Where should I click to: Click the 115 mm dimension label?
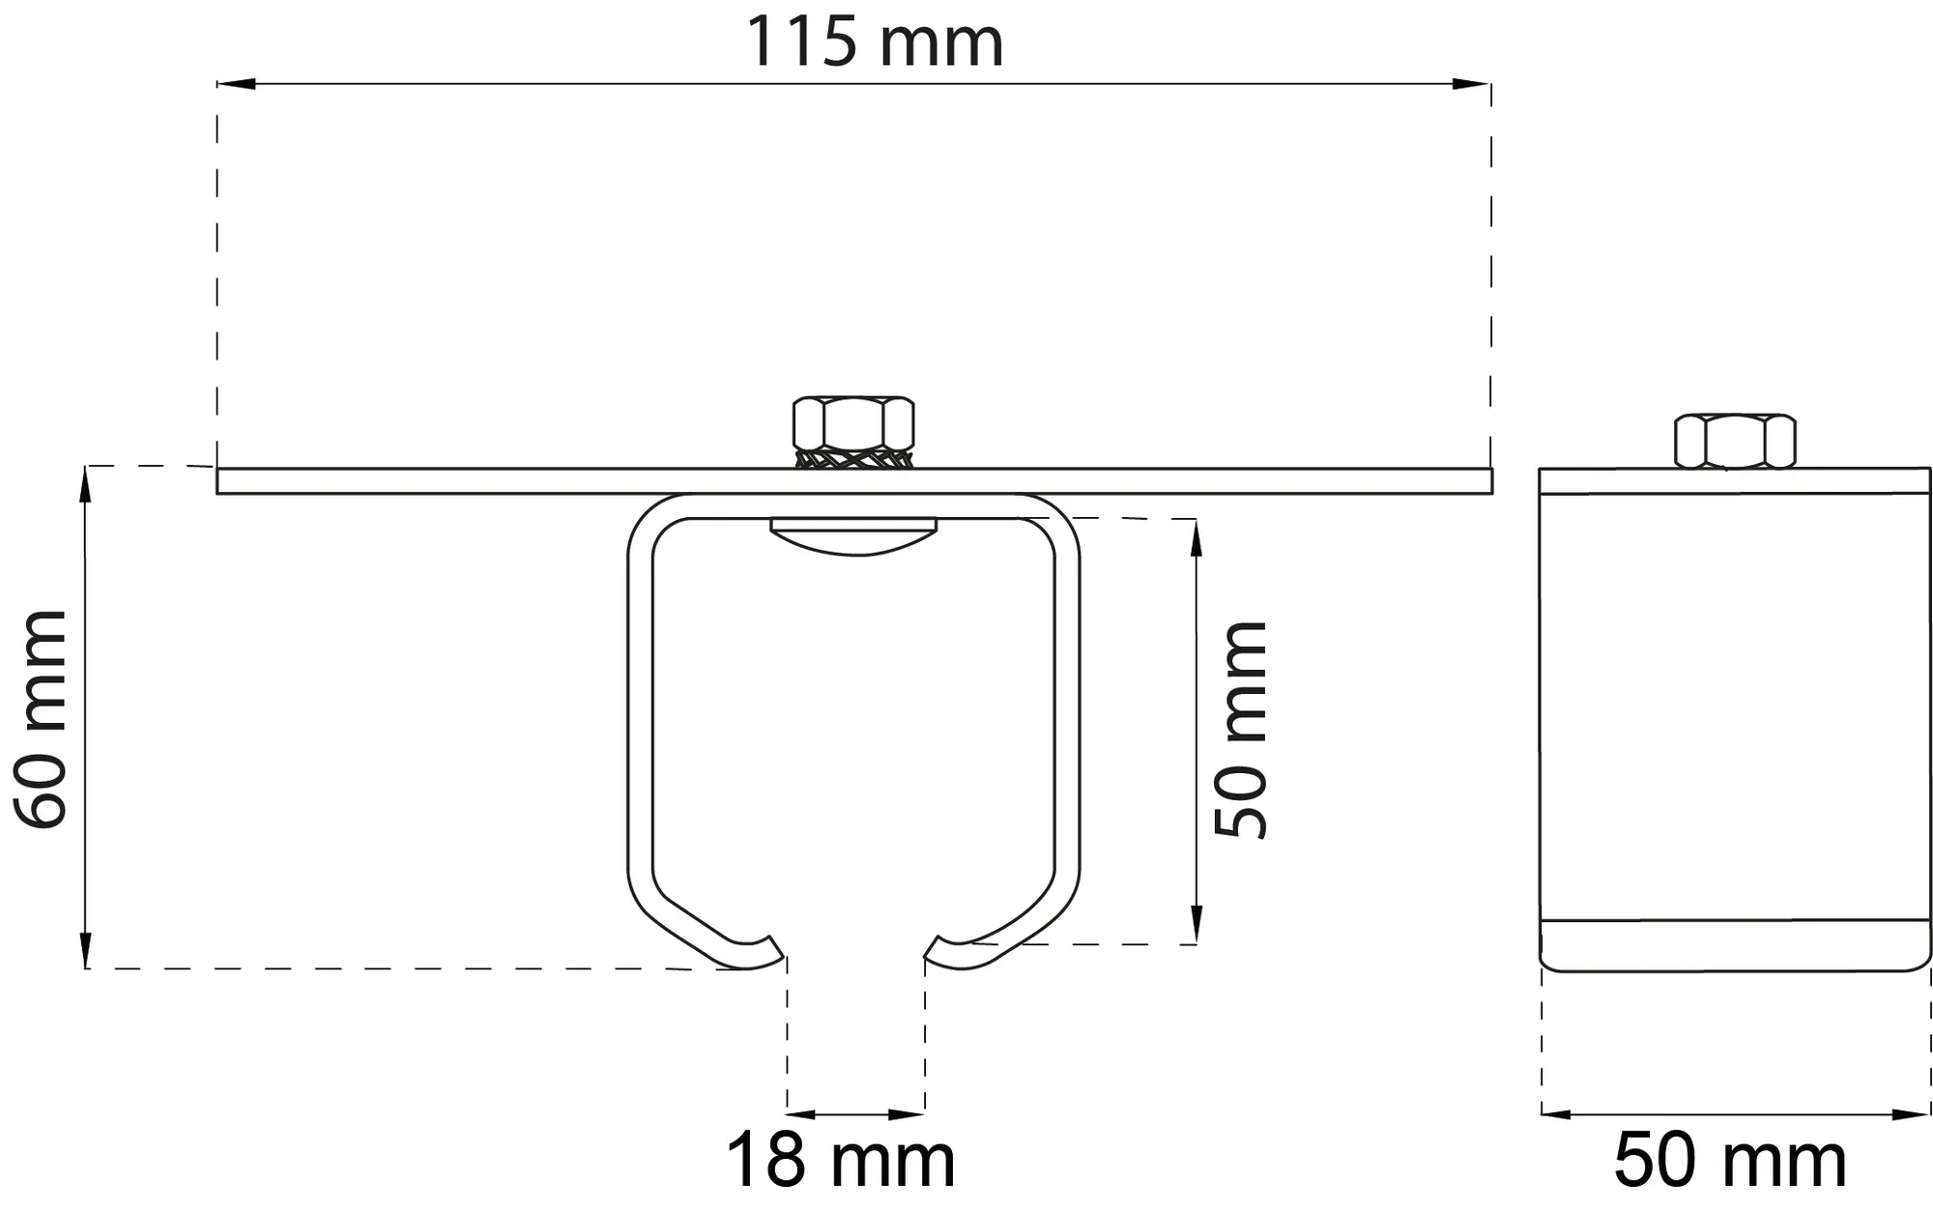pos(875,43)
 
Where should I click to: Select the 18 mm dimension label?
pos(840,1161)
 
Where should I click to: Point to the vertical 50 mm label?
pos(1241,730)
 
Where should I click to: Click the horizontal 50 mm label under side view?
pos(1730,1161)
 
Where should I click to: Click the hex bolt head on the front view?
pos(853,422)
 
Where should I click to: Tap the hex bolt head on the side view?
pos(1735,441)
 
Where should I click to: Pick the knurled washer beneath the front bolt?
pos(853,458)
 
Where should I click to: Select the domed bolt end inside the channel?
pos(853,536)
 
